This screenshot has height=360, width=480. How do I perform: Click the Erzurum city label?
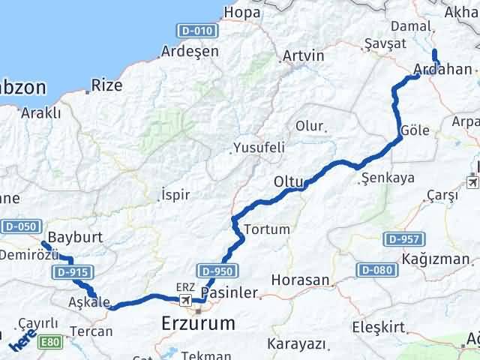(199, 323)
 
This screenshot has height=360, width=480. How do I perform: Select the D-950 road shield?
(220, 271)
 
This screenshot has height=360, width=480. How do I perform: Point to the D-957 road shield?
(405, 239)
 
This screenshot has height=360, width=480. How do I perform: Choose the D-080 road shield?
(375, 268)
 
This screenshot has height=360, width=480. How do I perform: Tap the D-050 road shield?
(19, 226)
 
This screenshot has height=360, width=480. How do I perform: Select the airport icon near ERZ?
(185, 300)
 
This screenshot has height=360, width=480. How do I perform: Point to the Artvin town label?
(303, 55)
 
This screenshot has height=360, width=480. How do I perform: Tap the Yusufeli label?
(259, 148)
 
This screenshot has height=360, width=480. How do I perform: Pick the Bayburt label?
(74, 238)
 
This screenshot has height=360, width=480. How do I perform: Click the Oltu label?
(288, 181)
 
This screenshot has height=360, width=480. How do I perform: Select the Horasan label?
(301, 280)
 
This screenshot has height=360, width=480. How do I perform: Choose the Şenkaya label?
(387, 178)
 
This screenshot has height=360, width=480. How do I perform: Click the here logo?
(22, 342)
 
